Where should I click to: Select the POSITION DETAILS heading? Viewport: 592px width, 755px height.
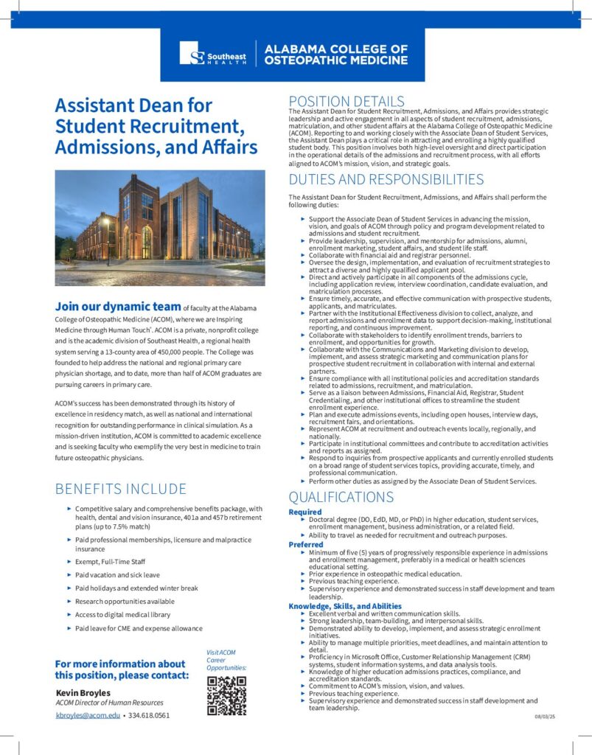pos(346,101)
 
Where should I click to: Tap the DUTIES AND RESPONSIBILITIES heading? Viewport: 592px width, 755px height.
pos(386,179)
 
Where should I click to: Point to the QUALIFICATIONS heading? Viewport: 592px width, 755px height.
pos(341,497)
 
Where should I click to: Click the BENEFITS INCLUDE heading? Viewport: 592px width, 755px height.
pos(121,489)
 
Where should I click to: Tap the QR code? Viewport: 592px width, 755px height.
pos(226,695)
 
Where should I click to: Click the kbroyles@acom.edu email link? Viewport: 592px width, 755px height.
pos(88,715)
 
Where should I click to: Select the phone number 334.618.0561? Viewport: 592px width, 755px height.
pos(150,715)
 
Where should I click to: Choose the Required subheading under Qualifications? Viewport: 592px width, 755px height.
pos(305,512)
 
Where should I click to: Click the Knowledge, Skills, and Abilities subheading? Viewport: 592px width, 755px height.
pos(345,606)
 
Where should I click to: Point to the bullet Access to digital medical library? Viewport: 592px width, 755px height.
pos(122,614)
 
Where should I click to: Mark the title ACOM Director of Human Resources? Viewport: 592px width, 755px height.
pos(109,703)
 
